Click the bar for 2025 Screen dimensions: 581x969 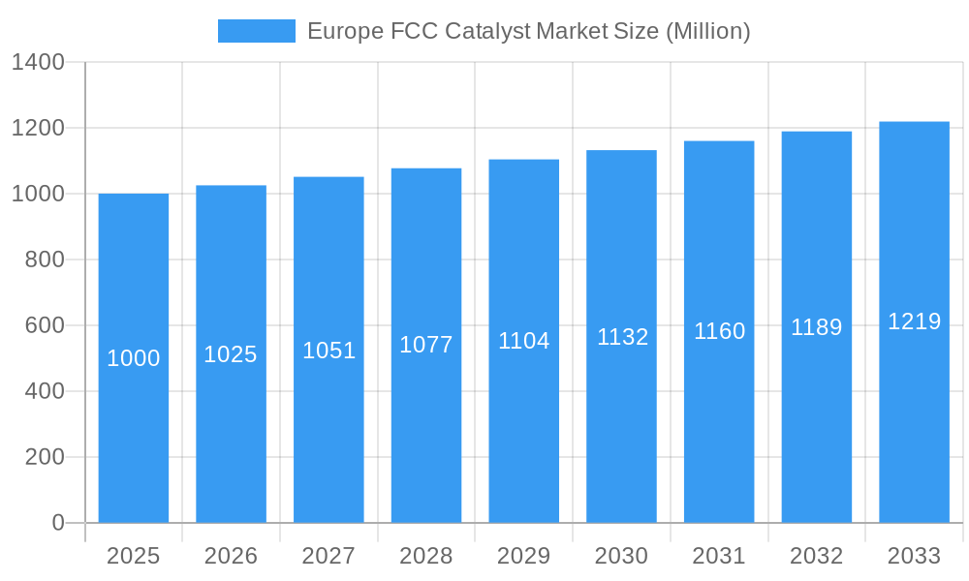134,407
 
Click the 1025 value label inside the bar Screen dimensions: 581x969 231,354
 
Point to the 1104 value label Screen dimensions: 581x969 523,341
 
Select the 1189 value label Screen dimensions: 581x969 816,327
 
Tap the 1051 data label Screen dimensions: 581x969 328,351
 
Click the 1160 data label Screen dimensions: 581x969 719,331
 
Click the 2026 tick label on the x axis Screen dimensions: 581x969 231,556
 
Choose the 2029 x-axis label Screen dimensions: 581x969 523,556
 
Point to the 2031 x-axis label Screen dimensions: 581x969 719,556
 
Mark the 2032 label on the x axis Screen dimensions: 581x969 816,556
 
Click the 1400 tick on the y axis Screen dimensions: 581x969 37,63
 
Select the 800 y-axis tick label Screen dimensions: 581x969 45,260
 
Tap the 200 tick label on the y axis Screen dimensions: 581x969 45,457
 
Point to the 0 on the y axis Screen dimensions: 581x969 58,523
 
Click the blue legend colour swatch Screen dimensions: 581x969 256,31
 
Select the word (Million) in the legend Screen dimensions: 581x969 707,31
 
